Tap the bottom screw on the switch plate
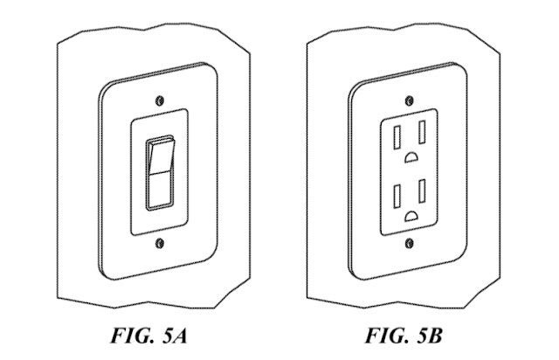[x=158, y=240]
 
